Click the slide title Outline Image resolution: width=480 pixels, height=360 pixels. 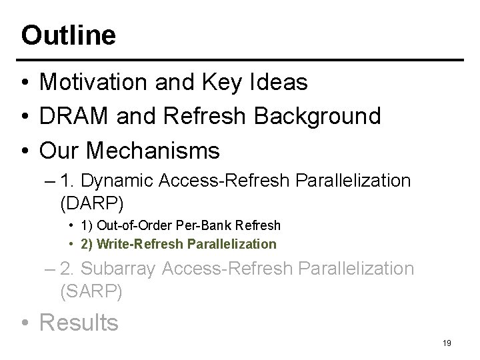[x=68, y=35]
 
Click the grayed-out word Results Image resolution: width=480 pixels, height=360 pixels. [x=79, y=323]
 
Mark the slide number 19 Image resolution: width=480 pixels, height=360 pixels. [x=447, y=343]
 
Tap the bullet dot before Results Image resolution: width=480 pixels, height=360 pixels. [x=25, y=323]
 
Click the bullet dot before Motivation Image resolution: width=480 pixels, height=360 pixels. [x=25, y=83]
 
